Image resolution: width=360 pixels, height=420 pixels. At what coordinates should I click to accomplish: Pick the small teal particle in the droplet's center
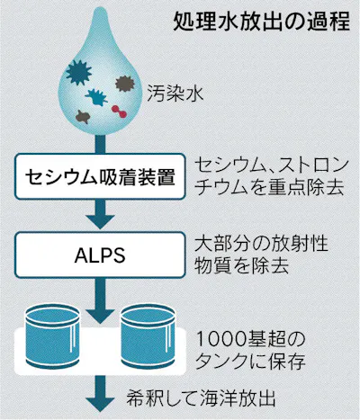click(93, 95)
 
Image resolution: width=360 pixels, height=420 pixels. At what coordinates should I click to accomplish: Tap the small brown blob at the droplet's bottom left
click(82, 116)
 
